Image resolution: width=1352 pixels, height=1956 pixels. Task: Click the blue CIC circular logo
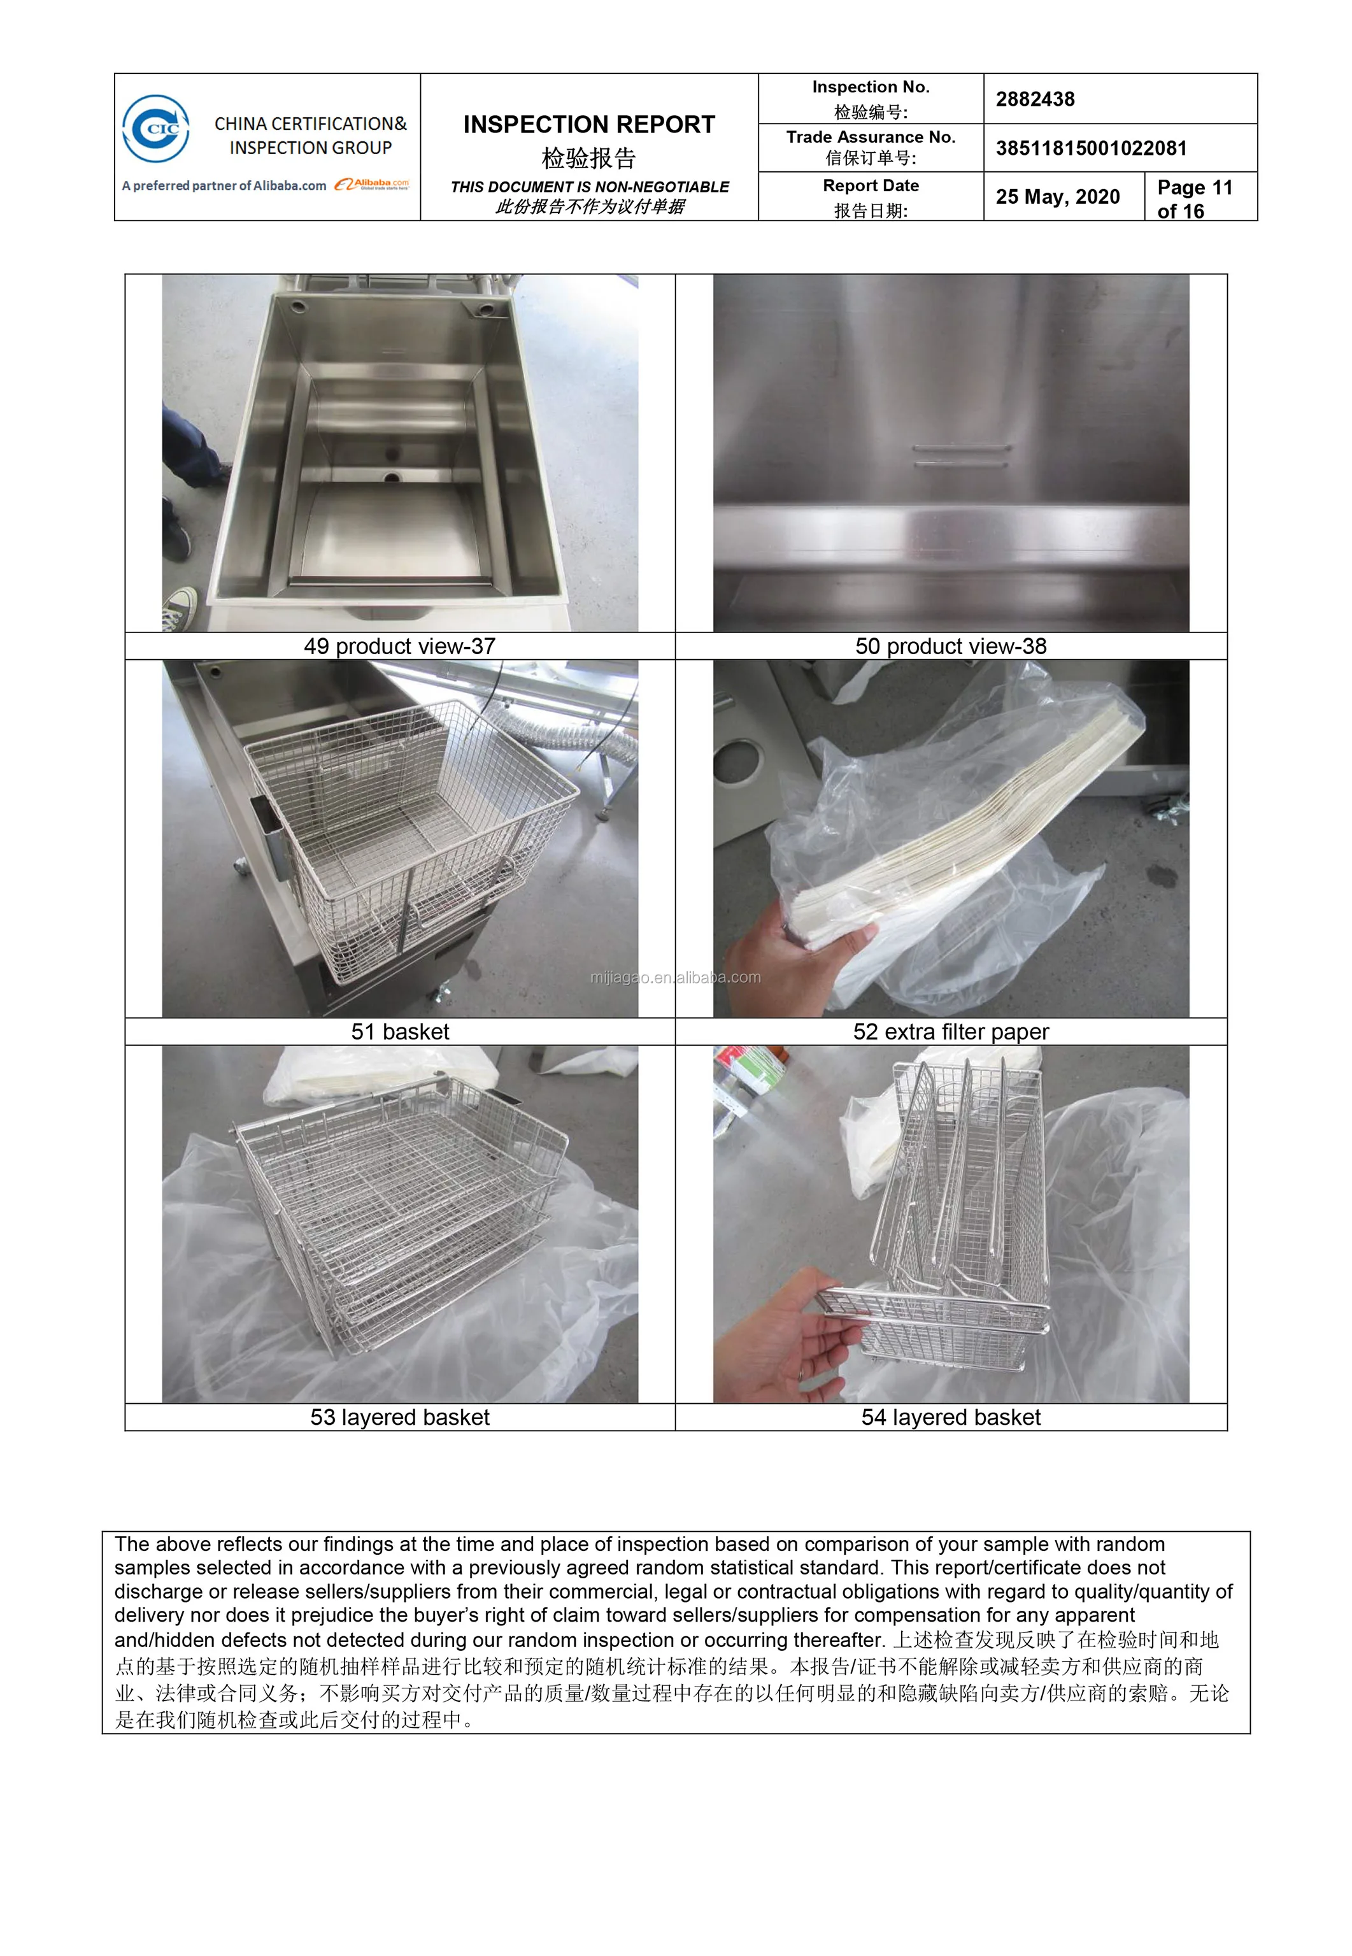(156, 129)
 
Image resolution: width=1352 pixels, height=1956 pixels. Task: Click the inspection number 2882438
(1035, 99)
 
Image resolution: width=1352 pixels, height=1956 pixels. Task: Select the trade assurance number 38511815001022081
(1091, 148)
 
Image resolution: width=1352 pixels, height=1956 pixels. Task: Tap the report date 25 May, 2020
(1057, 197)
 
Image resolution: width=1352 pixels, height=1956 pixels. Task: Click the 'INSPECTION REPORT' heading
(588, 125)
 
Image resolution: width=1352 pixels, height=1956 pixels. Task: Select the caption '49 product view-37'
(400, 646)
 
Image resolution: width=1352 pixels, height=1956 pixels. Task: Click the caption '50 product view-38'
(950, 646)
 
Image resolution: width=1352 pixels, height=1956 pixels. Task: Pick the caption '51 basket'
(400, 1032)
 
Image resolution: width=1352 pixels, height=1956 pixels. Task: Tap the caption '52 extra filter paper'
(950, 1032)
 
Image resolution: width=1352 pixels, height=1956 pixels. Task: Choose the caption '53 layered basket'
(400, 1417)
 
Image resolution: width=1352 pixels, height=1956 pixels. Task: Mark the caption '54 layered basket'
(950, 1417)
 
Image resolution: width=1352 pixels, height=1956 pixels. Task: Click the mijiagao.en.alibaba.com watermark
(675, 977)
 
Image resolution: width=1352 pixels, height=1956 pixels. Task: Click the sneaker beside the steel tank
(180, 608)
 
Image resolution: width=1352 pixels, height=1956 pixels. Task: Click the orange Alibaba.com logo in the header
(371, 184)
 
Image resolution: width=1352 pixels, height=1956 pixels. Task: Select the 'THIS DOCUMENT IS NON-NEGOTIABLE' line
(590, 187)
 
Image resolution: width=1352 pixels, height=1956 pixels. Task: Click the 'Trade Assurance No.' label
(871, 137)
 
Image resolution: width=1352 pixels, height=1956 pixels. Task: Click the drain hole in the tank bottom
(392, 478)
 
